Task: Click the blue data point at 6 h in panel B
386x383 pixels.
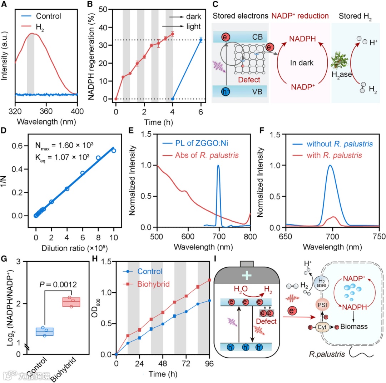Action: [201, 40]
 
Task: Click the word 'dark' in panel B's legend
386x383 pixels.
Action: [194, 16]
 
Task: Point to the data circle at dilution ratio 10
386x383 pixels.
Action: [114, 151]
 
